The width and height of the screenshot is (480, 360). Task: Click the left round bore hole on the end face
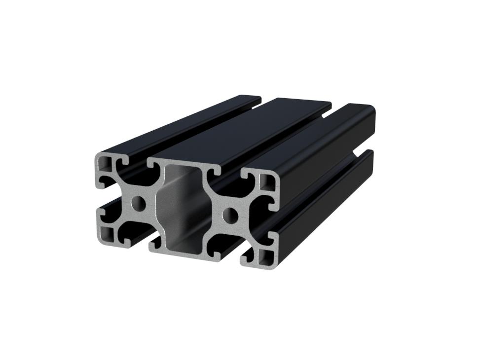tap(139, 203)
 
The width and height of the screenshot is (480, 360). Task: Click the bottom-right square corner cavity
tap(265, 256)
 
